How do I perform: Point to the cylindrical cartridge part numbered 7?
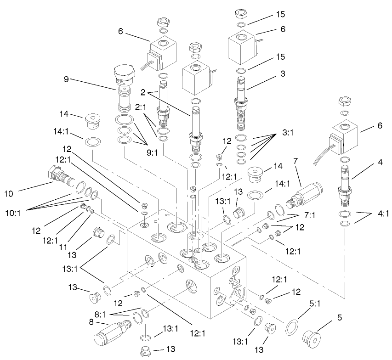point(304,192)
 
